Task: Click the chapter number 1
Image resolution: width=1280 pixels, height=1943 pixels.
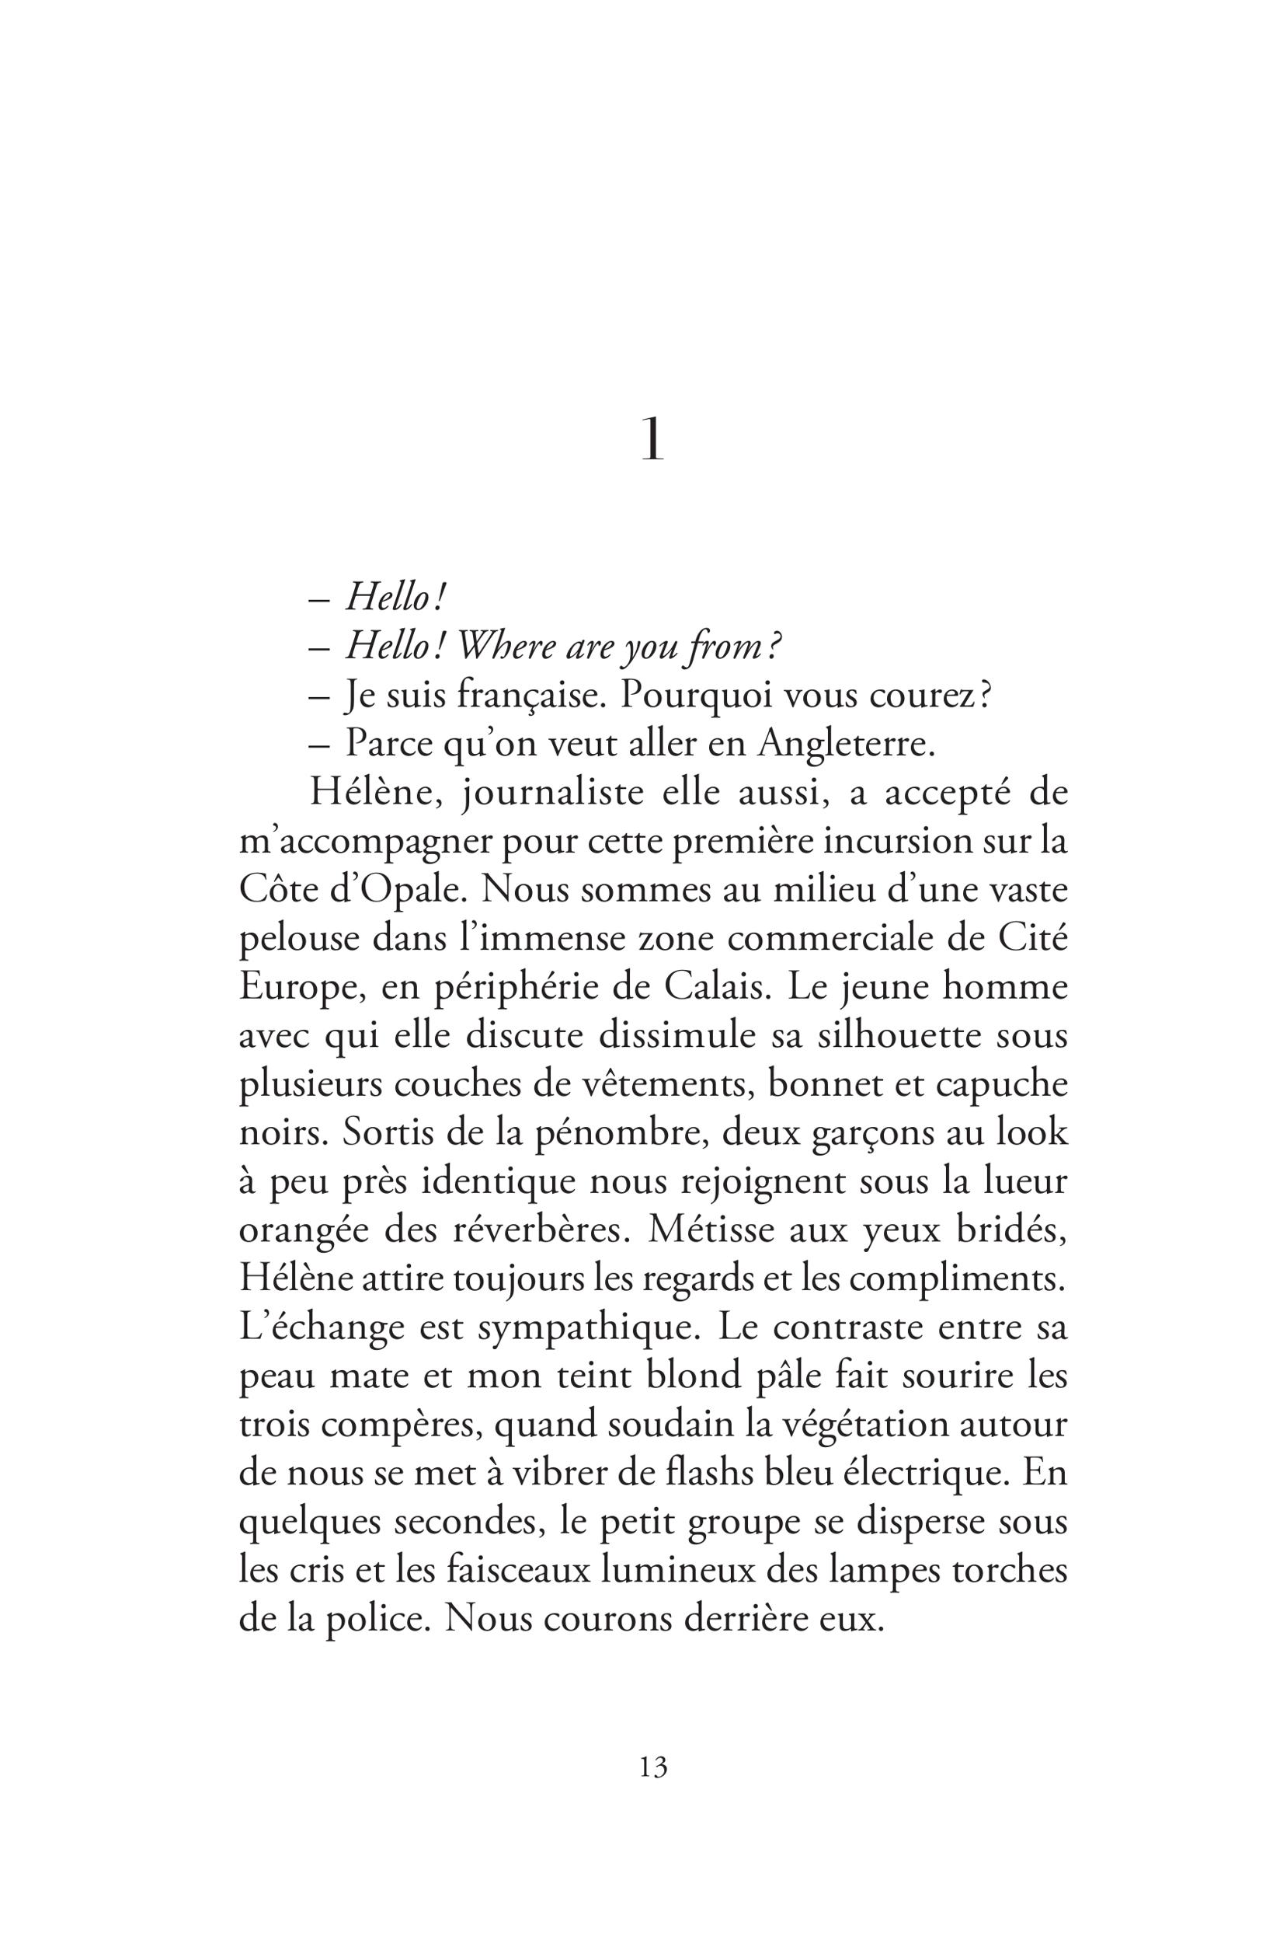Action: (652, 441)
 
